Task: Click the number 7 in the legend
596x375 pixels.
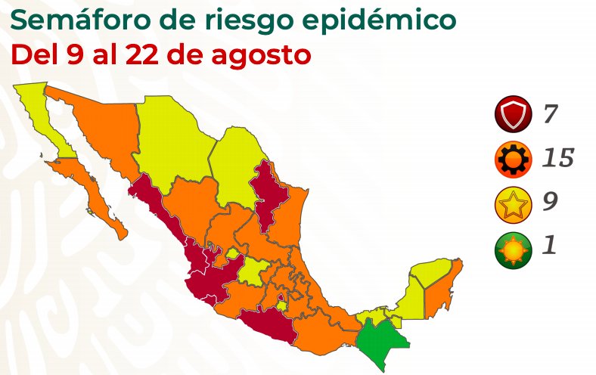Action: pos(550,116)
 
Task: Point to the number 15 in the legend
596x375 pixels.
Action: pos(557,159)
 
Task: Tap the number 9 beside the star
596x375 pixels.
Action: pos(551,203)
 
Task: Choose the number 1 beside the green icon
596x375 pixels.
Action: pos(548,247)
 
